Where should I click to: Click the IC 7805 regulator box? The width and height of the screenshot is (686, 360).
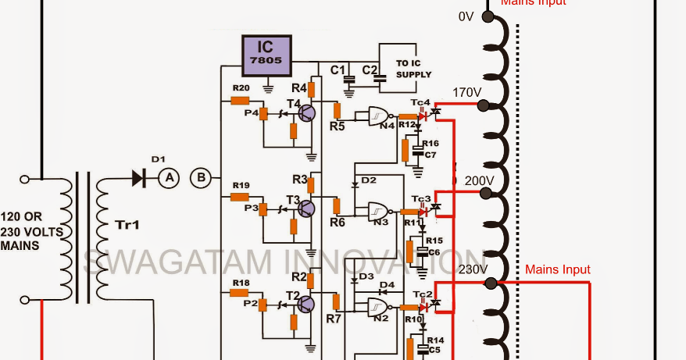[x=266, y=53]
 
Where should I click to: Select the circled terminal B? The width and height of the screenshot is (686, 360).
[x=201, y=178]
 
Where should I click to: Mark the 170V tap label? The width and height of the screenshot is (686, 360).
[x=466, y=93]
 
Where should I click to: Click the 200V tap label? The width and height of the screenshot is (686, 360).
[x=479, y=180]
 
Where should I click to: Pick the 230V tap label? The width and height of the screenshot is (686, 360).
[x=473, y=269]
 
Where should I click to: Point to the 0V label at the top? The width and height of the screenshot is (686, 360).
[x=466, y=16]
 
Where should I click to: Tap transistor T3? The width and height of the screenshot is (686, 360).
[x=307, y=209]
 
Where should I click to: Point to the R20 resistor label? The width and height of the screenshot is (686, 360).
[x=241, y=87]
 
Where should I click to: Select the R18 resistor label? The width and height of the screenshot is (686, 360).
[x=241, y=282]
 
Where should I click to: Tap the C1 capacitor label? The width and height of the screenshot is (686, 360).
[x=338, y=70]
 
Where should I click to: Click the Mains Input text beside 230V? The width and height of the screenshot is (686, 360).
[x=558, y=269]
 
